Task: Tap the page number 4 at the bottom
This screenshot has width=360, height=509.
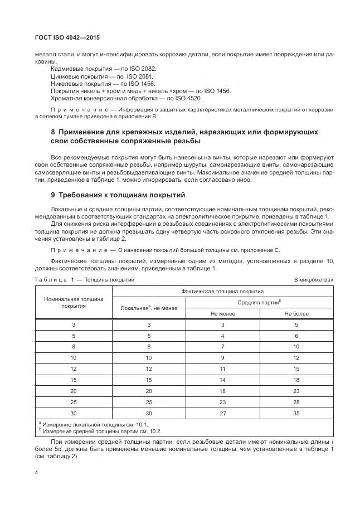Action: point(36,472)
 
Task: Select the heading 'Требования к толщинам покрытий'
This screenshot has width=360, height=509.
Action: point(118,195)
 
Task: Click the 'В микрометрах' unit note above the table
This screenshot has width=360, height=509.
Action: point(314,279)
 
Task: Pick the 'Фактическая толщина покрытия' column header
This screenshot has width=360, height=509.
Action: point(222,291)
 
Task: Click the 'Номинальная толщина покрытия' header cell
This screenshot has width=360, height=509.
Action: point(74,302)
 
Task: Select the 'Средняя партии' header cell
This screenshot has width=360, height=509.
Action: point(259,302)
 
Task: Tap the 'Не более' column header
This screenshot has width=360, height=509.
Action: point(296,313)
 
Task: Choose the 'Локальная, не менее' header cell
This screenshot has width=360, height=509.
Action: point(149,308)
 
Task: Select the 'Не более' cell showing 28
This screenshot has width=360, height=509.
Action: point(296,401)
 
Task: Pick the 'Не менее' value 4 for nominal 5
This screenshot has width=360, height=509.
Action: point(222,336)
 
